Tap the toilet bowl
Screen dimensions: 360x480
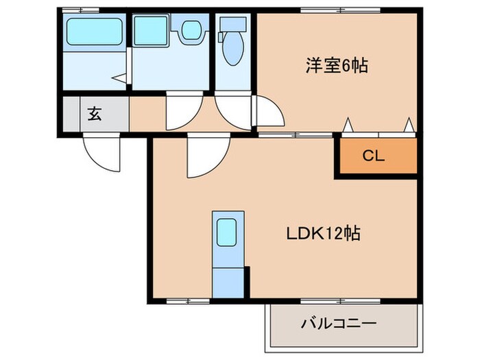pyautogui.click(x=233, y=52)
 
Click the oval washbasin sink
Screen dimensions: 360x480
pyautogui.click(x=190, y=29)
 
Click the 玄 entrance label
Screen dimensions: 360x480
pyautogui.click(x=94, y=115)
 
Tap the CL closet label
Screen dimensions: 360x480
pyautogui.click(x=374, y=156)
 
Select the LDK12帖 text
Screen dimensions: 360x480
pyautogui.click(x=323, y=233)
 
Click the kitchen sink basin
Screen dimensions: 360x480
pyautogui.click(x=227, y=234)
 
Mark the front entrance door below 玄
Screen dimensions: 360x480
pyautogui.click(x=101, y=152)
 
